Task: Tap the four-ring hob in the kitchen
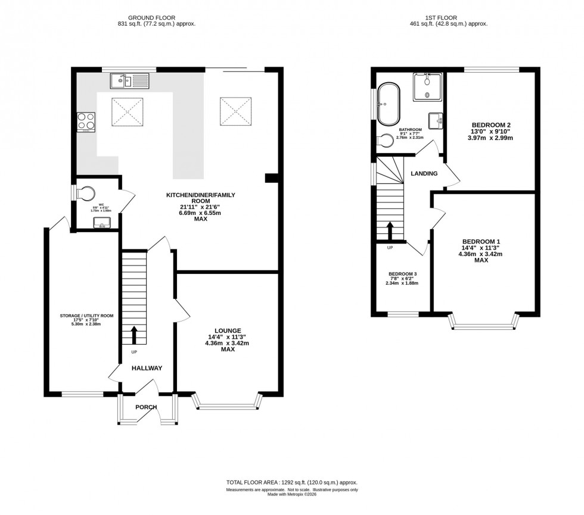point(86,121)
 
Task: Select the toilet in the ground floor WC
point(87,193)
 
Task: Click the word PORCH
point(146,407)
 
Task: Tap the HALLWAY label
point(147,368)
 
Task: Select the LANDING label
point(424,174)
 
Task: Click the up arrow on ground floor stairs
point(134,335)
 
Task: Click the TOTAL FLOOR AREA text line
point(291,482)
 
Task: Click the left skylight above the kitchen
point(128,111)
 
